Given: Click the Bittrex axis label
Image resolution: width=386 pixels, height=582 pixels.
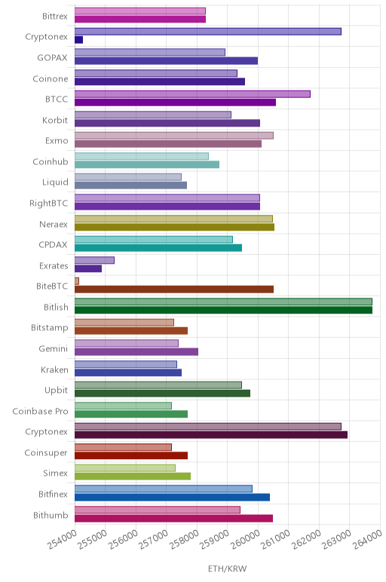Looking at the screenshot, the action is point(54,16).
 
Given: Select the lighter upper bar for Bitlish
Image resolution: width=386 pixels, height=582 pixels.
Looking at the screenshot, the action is point(223,302).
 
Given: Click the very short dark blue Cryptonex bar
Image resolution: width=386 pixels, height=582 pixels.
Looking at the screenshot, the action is point(78,40).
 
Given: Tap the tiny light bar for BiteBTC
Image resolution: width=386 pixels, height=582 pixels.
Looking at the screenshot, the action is point(77,281).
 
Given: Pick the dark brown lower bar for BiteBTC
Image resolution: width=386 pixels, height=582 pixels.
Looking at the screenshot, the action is point(174,289).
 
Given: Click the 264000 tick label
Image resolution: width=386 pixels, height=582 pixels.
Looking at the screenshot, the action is point(367,539).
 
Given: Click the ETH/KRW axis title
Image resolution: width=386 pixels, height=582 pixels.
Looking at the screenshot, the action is point(227,568).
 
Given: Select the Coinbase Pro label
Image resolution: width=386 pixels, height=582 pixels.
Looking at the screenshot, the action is point(40,411).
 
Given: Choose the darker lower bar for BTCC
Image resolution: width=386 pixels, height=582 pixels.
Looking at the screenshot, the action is point(175,102).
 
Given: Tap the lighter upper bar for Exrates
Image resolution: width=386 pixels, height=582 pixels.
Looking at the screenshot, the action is point(94,260).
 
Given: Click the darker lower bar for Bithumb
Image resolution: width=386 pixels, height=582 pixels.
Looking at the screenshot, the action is point(173,518).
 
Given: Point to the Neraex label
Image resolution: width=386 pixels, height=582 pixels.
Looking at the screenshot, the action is point(54,224).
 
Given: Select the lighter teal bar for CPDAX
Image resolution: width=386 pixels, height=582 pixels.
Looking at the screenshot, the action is point(154,240).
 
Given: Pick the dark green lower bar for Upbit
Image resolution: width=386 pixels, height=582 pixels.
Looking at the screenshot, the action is point(162,393).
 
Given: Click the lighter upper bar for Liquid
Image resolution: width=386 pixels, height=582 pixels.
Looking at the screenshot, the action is point(128,176).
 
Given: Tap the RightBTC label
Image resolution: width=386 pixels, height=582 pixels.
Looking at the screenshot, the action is point(48,203).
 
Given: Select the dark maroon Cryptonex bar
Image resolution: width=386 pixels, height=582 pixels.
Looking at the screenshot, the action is point(211,435).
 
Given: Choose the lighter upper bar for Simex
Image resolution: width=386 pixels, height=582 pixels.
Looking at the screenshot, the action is point(125,467).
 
